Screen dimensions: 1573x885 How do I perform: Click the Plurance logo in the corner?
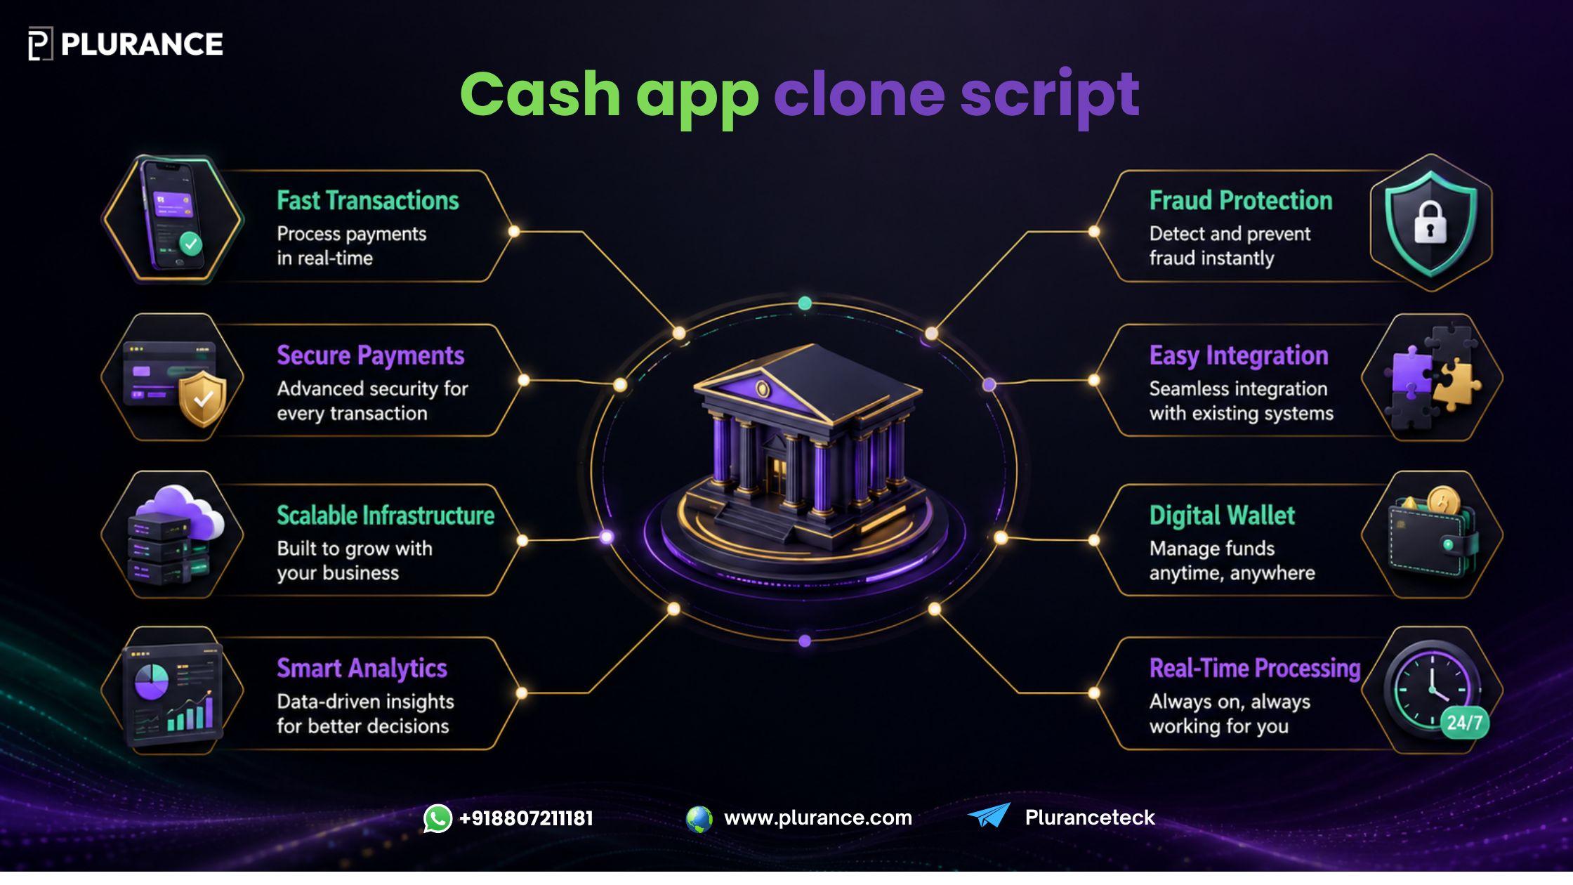[x=126, y=44]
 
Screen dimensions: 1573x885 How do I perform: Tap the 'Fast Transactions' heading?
[x=368, y=201]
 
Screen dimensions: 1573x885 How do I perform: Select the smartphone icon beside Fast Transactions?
[x=173, y=216]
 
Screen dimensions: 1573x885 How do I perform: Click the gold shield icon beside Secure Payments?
[x=202, y=398]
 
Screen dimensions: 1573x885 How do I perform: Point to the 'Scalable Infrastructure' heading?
[x=386, y=516]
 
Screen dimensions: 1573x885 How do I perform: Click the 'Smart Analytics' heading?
[x=362, y=669]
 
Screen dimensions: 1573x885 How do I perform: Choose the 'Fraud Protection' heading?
[x=1241, y=201]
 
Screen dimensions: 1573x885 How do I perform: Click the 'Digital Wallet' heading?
[x=1222, y=516]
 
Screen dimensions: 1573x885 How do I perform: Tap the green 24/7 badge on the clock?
[x=1464, y=723]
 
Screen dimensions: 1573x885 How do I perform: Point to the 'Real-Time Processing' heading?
[x=1255, y=669]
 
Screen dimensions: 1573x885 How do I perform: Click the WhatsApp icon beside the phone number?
[x=437, y=818]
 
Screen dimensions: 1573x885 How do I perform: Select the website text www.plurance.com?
[x=818, y=818]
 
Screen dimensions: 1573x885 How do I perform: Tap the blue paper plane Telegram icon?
[x=989, y=815]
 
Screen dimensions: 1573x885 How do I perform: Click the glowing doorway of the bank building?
[x=777, y=476]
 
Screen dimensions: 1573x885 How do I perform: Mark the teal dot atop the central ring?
[x=805, y=303]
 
